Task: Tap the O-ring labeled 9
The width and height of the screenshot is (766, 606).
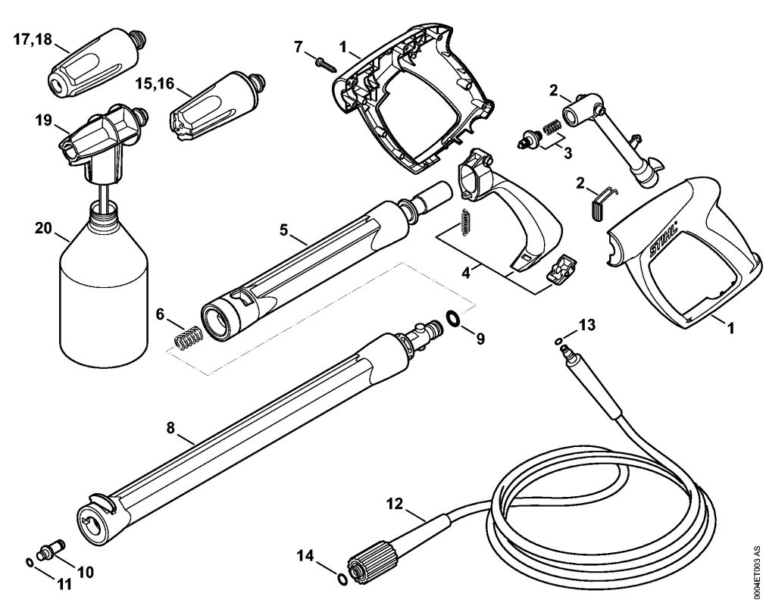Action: [x=453, y=319]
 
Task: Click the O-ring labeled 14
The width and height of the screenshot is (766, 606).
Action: [x=342, y=579]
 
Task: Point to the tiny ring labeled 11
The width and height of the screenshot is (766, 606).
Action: [x=30, y=563]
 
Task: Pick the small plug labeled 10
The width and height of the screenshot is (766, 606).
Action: [x=52, y=549]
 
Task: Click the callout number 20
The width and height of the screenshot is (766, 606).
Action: [x=43, y=227]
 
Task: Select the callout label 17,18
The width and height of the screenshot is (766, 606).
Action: [x=32, y=39]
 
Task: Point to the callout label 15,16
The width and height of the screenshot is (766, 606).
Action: [x=155, y=83]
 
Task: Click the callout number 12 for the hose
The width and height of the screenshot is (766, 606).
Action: [x=396, y=504]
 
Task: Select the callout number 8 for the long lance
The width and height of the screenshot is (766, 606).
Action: [x=170, y=428]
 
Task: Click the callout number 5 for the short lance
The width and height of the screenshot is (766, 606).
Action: [x=284, y=229]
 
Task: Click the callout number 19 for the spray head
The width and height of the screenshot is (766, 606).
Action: [x=43, y=120]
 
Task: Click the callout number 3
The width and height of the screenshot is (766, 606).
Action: [x=567, y=153]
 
